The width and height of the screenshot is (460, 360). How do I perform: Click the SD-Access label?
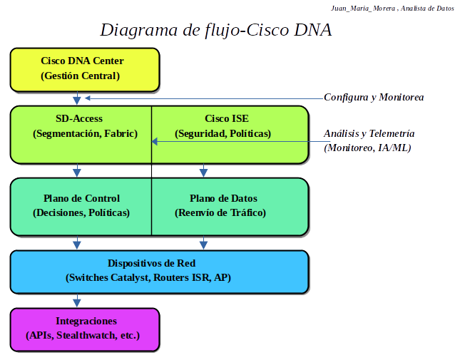(x=79, y=119)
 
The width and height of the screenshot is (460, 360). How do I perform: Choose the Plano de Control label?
(x=81, y=198)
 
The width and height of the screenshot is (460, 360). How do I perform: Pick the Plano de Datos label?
(x=223, y=198)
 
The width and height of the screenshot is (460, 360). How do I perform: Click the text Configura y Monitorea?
(x=374, y=97)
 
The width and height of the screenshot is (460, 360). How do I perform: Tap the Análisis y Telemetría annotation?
(x=369, y=133)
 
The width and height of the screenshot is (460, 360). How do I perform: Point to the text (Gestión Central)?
(x=81, y=76)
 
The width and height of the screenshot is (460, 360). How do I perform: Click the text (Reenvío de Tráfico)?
(x=220, y=212)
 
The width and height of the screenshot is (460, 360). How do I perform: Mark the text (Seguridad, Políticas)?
(x=223, y=133)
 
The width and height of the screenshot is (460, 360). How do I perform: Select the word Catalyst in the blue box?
(x=127, y=277)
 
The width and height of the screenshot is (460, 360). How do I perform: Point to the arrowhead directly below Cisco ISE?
(x=204, y=172)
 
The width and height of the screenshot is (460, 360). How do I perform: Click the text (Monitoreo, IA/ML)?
(x=367, y=148)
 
